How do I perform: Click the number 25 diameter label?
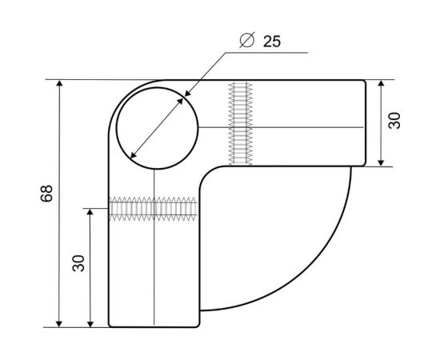272,42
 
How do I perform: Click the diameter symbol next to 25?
247,40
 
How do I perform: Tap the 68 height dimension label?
46,194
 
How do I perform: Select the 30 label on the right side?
394,120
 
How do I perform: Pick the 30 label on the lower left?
78,263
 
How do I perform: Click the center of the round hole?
158,128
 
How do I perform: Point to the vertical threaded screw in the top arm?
240,123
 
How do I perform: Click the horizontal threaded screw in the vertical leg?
153,209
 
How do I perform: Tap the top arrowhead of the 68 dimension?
59,84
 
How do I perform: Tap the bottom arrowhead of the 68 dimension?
59,323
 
